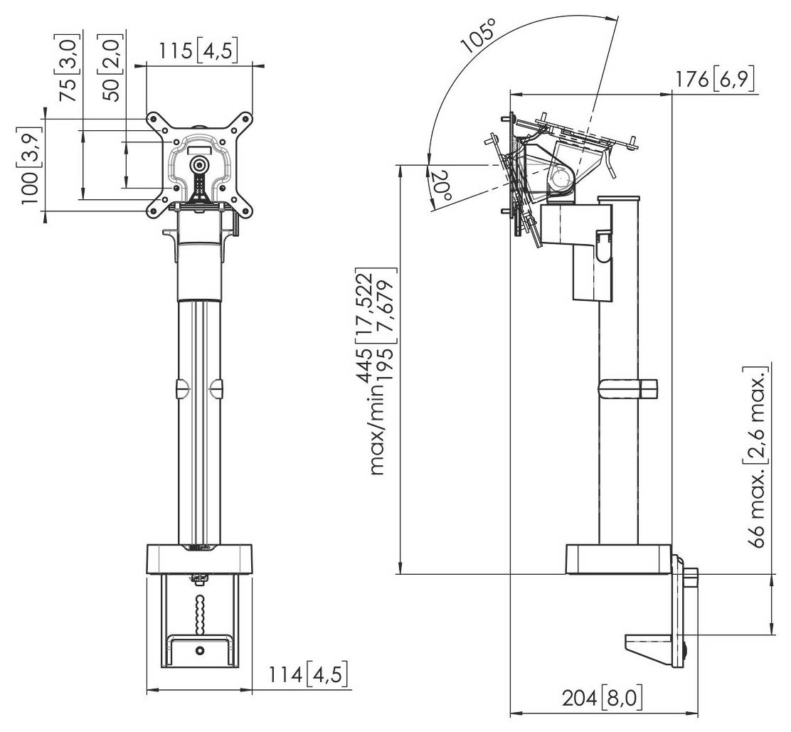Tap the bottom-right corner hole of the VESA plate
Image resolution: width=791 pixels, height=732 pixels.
(246, 210)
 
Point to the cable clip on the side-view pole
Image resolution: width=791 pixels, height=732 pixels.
(628, 388)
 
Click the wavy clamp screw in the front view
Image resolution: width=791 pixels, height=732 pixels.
(199, 611)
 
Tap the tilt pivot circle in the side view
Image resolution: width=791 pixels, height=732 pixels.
(561, 176)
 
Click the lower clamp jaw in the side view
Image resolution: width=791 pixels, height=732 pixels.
(651, 645)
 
